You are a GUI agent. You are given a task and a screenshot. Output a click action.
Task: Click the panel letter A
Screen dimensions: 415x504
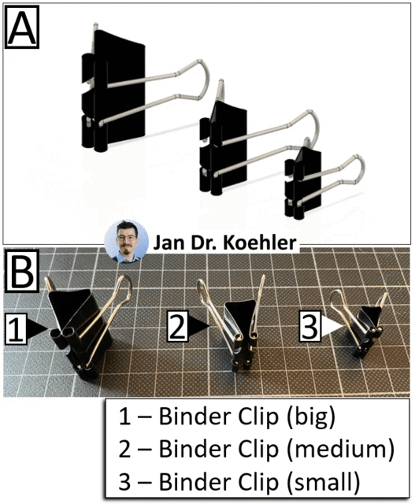(21, 27)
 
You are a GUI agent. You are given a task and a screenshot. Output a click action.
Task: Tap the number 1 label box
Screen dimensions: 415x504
(16, 329)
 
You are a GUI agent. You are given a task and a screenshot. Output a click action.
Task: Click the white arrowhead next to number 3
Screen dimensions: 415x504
(332, 326)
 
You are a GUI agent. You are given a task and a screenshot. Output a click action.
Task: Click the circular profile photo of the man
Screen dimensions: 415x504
(126, 242)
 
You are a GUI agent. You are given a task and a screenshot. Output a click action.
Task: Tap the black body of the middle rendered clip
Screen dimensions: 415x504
(225, 148)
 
